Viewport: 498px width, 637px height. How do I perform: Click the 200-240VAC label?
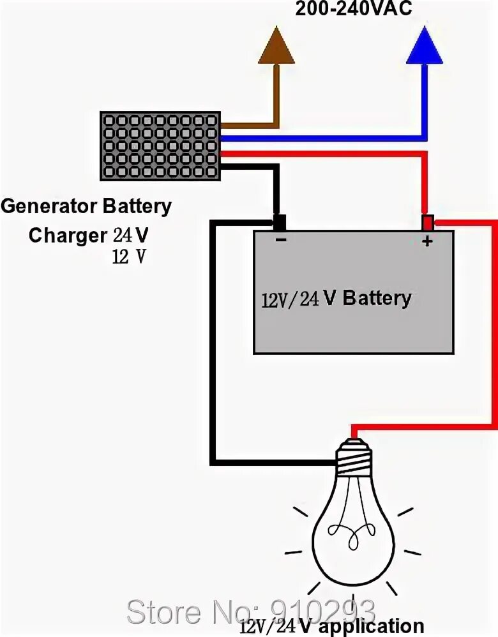point(354,8)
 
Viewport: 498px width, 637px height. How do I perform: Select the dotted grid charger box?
point(161,146)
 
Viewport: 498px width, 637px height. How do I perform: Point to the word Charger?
point(68,236)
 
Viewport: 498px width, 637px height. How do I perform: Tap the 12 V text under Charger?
point(129,257)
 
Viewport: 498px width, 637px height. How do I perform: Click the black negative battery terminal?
point(279,223)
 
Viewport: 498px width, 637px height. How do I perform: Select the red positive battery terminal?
point(427,223)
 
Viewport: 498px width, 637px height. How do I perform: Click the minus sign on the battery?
point(281,239)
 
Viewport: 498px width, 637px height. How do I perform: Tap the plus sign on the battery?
point(427,241)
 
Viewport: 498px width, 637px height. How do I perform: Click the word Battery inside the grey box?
point(377,299)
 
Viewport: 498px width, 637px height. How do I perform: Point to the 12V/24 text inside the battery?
point(290,299)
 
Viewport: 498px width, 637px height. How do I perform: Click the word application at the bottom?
point(371,627)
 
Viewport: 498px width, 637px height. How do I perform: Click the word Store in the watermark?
point(164,611)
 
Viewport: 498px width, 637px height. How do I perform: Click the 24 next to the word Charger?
point(123,235)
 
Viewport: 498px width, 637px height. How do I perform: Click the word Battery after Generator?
point(137,206)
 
